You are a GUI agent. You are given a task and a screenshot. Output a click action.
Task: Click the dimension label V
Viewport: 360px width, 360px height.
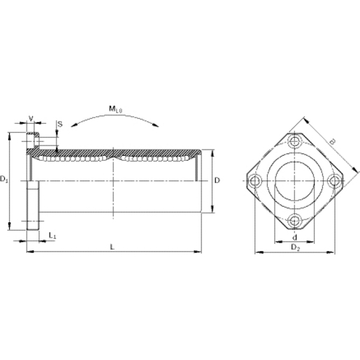(30, 118)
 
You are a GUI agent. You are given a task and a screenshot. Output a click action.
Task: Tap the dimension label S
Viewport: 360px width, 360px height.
(59, 124)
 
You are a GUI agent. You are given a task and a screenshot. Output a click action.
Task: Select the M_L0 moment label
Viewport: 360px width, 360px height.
(115, 109)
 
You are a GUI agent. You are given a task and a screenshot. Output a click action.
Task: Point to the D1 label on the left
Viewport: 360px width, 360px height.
(5, 180)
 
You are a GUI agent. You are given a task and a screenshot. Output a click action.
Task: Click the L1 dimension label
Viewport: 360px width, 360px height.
(52, 237)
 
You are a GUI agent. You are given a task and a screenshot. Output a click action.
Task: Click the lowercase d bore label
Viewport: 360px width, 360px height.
(293, 237)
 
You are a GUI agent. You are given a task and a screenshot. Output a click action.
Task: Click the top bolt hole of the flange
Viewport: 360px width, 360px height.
(294, 142)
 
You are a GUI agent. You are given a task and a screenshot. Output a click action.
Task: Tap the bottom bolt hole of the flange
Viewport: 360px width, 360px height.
(294, 222)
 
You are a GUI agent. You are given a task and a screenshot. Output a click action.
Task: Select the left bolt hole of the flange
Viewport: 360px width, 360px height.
(254, 182)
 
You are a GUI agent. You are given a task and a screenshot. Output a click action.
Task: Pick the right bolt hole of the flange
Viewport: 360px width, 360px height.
(333, 182)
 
